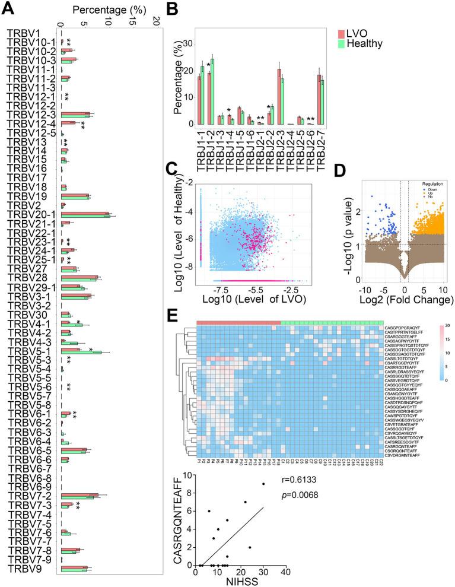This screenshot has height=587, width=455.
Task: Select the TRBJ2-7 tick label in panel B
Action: click(322, 148)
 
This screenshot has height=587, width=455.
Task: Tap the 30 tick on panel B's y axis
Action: click(188, 44)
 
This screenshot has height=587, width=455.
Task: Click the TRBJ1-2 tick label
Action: click(211, 148)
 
